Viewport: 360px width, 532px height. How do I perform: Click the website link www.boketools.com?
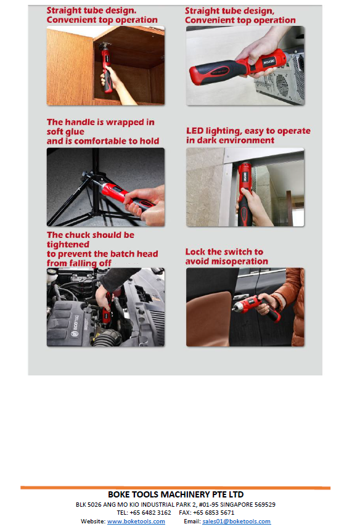[136, 522]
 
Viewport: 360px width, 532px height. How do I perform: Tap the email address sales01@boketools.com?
[237, 522]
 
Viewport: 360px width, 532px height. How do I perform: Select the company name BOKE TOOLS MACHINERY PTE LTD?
[176, 494]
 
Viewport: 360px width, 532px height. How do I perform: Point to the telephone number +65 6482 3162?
[150, 513]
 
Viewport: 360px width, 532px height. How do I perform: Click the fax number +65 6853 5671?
[214, 513]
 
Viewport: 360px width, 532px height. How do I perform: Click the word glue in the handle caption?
[75, 132]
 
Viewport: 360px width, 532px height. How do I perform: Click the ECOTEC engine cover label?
[76, 322]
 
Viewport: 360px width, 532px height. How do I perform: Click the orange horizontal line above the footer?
[176, 488]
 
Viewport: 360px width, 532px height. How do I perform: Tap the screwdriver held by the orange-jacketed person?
[257, 308]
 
